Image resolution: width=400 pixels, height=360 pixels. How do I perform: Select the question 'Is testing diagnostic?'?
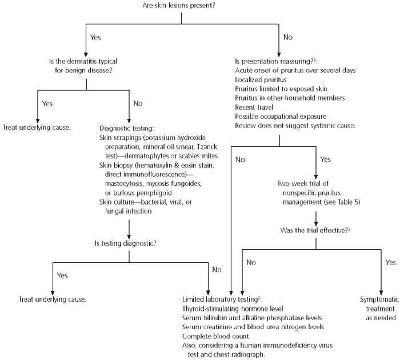pos(130,244)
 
